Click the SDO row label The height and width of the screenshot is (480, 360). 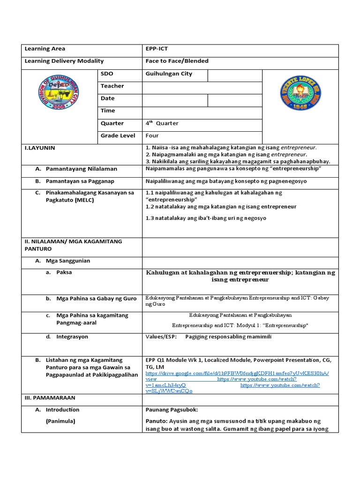coord(107,74)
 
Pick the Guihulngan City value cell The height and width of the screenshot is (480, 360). coord(169,74)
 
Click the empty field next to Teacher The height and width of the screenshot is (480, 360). coord(202,86)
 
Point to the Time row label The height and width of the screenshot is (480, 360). coord(107,111)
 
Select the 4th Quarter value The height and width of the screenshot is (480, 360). coord(162,123)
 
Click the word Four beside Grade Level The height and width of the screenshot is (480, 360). coord(152,135)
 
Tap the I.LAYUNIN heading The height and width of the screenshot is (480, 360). coord(40,148)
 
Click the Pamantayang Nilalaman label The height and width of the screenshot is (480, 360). coord(81,169)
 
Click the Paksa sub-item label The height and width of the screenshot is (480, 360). coord(64,272)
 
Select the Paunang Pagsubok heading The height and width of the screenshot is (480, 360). coord(172,410)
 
